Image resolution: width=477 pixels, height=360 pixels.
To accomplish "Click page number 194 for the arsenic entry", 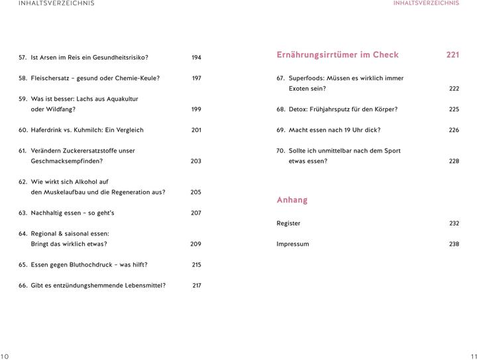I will click(x=196, y=58).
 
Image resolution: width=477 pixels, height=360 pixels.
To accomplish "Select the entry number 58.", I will click(x=23, y=78).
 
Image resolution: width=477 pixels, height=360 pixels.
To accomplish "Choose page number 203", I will click(x=195, y=161).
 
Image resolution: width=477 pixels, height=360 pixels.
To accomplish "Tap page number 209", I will click(x=195, y=244).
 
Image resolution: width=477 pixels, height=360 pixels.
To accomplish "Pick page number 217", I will click(x=196, y=286).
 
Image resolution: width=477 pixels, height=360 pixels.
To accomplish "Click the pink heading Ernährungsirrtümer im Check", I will click(x=337, y=55).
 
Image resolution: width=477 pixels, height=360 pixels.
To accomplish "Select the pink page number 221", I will click(x=452, y=55).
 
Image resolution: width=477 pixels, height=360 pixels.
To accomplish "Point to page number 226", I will click(x=453, y=130).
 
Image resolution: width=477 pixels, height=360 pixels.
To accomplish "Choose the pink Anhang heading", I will click(x=291, y=200).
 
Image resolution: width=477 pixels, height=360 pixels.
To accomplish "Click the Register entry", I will click(x=288, y=223).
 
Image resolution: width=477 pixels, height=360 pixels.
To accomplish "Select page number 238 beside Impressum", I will click(x=453, y=244).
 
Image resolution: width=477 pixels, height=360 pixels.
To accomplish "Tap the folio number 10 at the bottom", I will click(x=5, y=356).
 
